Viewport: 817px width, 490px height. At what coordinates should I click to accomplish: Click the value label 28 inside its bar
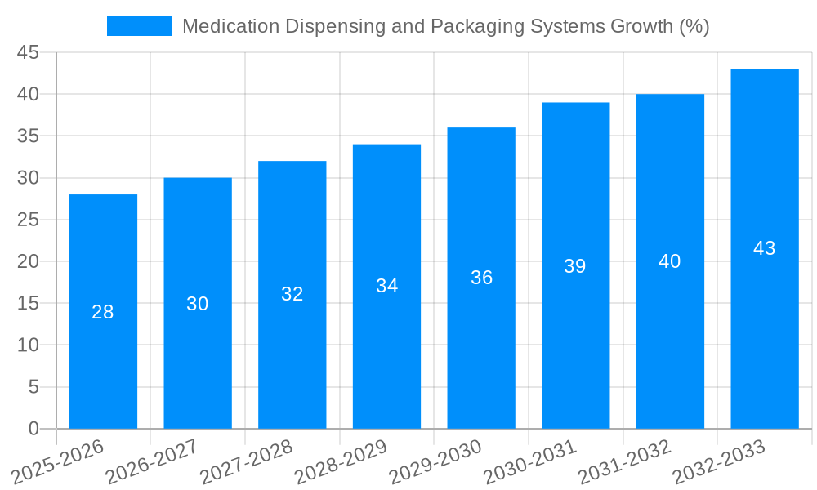[103, 312]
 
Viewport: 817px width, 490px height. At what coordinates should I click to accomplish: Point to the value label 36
[481, 278]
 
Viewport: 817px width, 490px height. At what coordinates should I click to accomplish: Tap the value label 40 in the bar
[670, 261]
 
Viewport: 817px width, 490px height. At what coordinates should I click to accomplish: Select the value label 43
[764, 248]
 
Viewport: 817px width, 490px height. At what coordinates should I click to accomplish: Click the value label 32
[292, 294]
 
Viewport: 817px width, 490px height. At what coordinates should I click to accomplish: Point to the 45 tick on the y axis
[29, 52]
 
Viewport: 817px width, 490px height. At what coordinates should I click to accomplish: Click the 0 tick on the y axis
[33, 429]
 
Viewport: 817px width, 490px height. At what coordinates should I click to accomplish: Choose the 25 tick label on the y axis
[29, 220]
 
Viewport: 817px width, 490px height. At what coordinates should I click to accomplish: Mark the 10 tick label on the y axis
[29, 345]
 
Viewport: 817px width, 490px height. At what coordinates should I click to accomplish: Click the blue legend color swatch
[140, 26]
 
